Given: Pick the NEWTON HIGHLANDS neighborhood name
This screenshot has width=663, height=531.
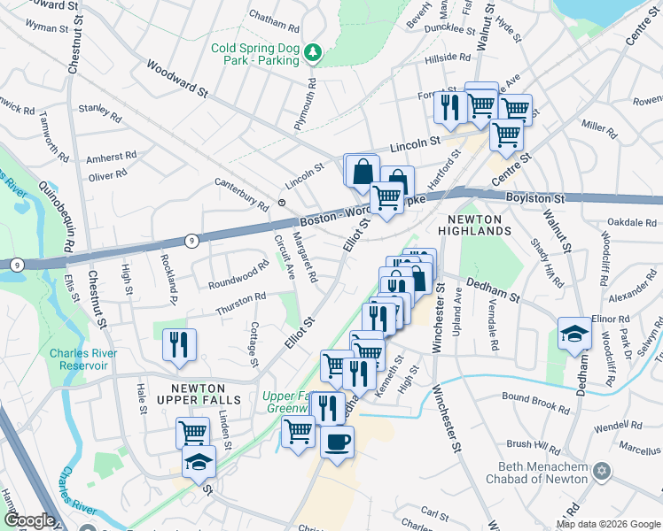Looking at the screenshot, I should pyautogui.click(x=479, y=224).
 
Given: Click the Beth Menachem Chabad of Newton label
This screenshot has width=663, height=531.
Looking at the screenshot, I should pyautogui.click(x=536, y=473).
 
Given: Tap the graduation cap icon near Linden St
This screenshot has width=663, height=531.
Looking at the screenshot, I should pyautogui.click(x=199, y=462).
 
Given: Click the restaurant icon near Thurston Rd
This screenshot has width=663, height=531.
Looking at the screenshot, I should pyautogui.click(x=180, y=344).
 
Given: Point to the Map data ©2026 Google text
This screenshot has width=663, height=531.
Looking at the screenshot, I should pyautogui.click(x=608, y=524).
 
